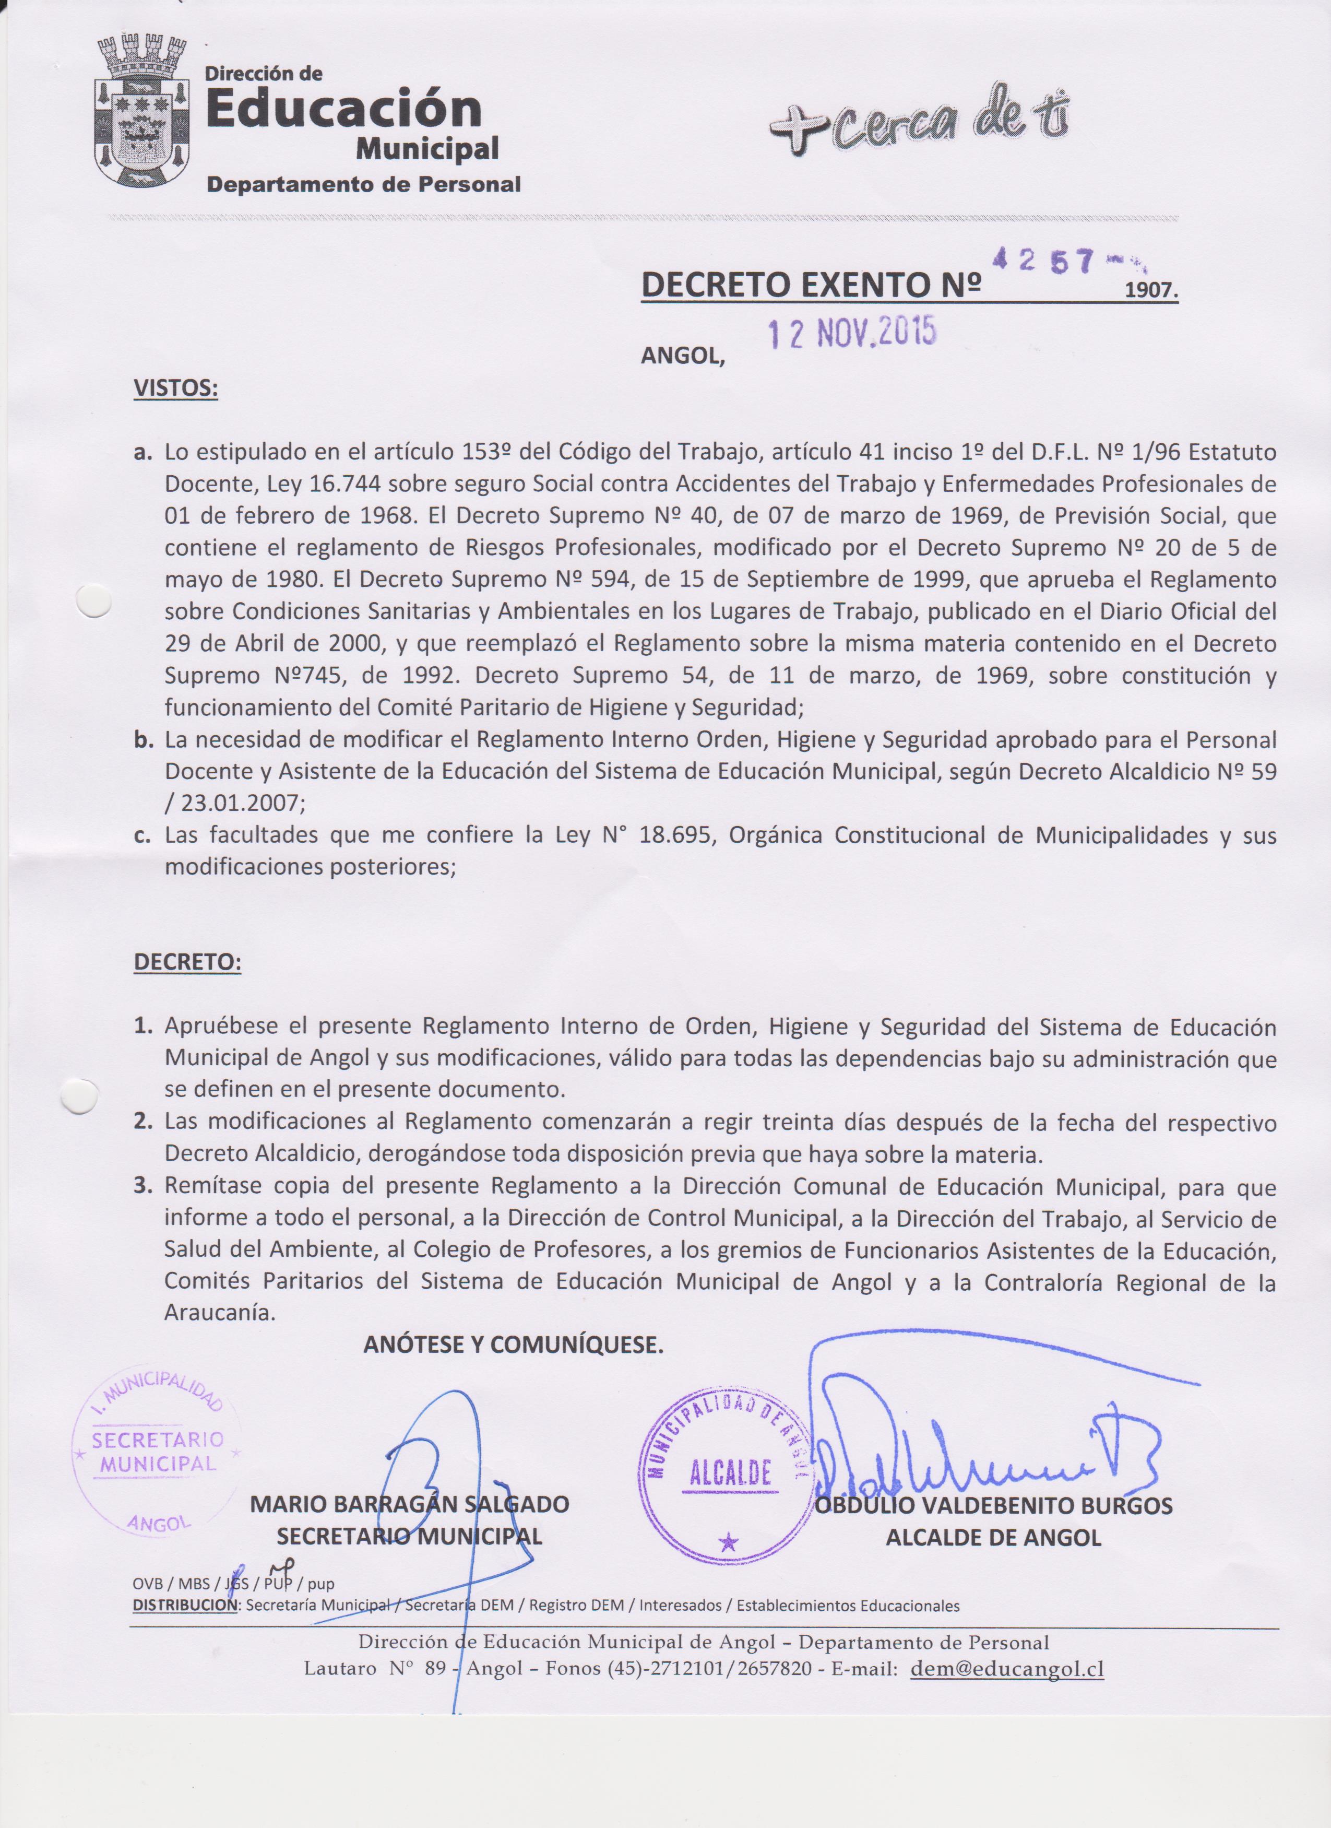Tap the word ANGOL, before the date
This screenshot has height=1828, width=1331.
[682, 356]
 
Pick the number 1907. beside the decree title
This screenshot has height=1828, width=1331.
[1150, 291]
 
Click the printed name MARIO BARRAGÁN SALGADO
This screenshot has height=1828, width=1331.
[409, 1504]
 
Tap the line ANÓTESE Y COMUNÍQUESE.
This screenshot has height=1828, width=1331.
[513, 1345]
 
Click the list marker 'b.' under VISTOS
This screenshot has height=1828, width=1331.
[144, 739]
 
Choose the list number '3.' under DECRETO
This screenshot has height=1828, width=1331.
[144, 1186]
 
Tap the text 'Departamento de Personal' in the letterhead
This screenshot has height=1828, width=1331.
[363, 184]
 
